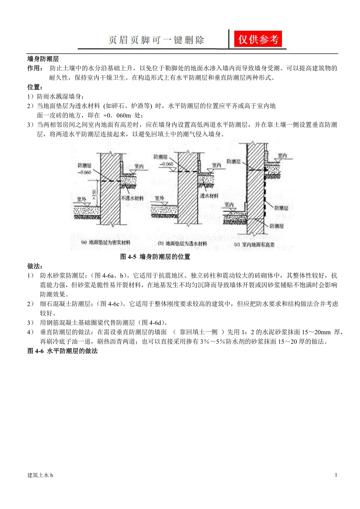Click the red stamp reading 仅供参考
tap(258, 39)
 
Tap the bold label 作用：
tap(35, 68)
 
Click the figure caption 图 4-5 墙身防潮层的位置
tap(155, 257)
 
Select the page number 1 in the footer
tap(336, 475)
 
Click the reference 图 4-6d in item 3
tap(154, 323)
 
